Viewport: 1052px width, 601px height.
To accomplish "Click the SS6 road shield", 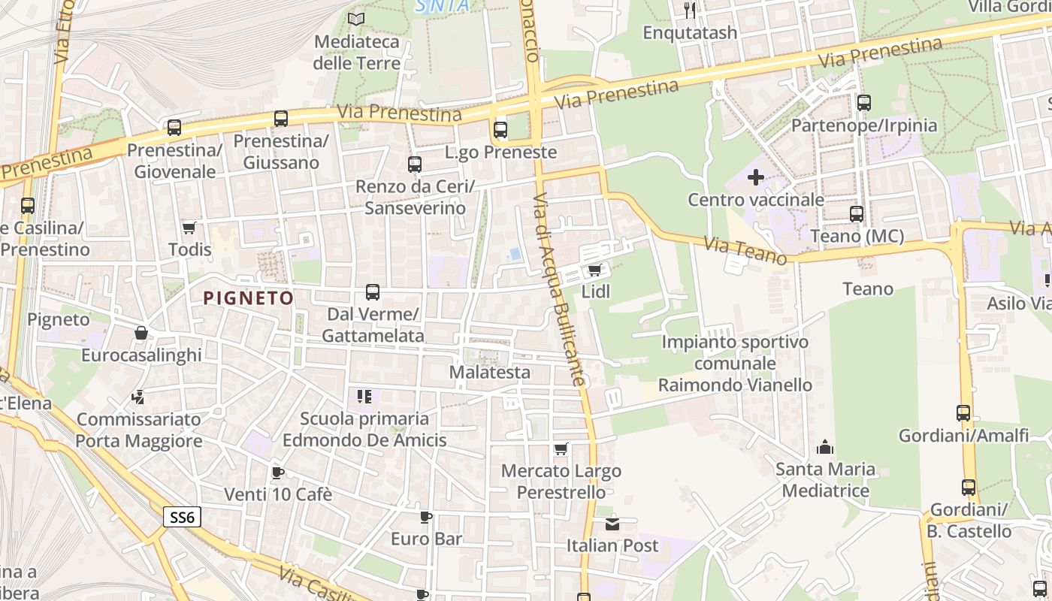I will pos(183,517).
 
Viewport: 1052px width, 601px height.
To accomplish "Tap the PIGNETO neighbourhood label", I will pos(249,298).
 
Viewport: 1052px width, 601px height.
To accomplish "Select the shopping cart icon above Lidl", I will pos(594,270).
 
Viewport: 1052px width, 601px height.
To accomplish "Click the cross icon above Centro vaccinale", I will pos(756,178).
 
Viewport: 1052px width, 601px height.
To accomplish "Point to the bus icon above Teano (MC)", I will pos(857,214).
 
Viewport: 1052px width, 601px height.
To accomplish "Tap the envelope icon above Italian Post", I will pos(612,524).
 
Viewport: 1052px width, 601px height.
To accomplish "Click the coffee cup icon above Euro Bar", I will pos(426,517).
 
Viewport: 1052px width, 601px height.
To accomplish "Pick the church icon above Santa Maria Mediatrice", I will pos(825,448).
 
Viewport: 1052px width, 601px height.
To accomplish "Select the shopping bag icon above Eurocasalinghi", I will pos(141,333).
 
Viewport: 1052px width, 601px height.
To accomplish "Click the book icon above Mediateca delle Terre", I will pos(356,19).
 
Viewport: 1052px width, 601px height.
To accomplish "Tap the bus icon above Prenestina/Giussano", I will pos(281,119).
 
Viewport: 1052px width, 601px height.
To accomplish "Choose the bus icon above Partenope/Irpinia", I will pos(864,103).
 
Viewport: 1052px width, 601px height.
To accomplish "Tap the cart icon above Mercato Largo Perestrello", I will pos(561,449).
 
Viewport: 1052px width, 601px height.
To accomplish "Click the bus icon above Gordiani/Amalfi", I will pos(963,412).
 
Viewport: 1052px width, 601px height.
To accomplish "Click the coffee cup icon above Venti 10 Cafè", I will pos(277,473).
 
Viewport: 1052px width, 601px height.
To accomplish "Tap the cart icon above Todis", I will pos(189,228).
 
